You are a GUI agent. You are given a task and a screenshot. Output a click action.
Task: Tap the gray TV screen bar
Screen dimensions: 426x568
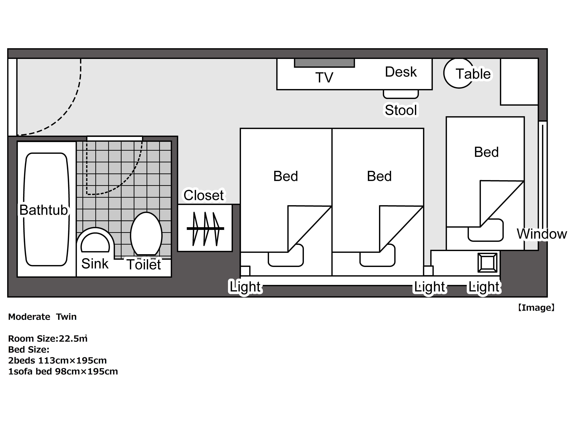click(x=324, y=63)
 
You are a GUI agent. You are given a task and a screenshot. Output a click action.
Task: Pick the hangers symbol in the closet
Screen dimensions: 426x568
click(x=205, y=228)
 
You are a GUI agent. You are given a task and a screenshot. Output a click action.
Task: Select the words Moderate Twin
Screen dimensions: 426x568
click(x=42, y=317)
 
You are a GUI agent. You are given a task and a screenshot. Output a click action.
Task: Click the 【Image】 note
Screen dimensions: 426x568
click(x=536, y=308)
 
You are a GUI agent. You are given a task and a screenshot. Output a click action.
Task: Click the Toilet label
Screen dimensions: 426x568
click(x=144, y=265)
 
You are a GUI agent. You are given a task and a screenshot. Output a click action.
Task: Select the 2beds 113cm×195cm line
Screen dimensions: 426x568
click(x=57, y=361)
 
